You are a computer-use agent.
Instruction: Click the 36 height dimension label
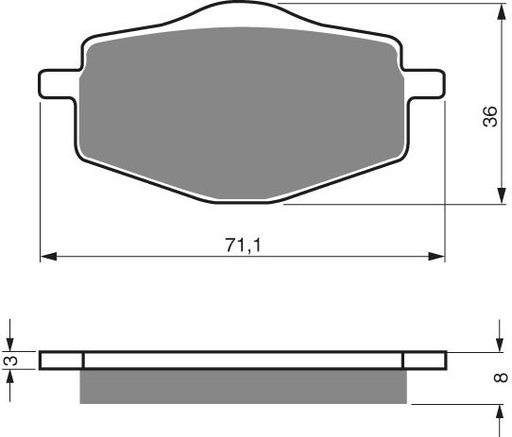point(488,117)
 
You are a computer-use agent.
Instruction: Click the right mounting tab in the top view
point(425,82)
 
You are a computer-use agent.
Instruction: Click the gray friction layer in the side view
point(243,386)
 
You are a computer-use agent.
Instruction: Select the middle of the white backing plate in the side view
point(243,360)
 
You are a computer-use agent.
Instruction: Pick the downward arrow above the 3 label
point(12,344)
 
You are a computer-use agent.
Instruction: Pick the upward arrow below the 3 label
point(12,376)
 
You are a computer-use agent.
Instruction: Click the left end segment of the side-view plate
point(62,360)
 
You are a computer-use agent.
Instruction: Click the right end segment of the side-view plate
point(423,360)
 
